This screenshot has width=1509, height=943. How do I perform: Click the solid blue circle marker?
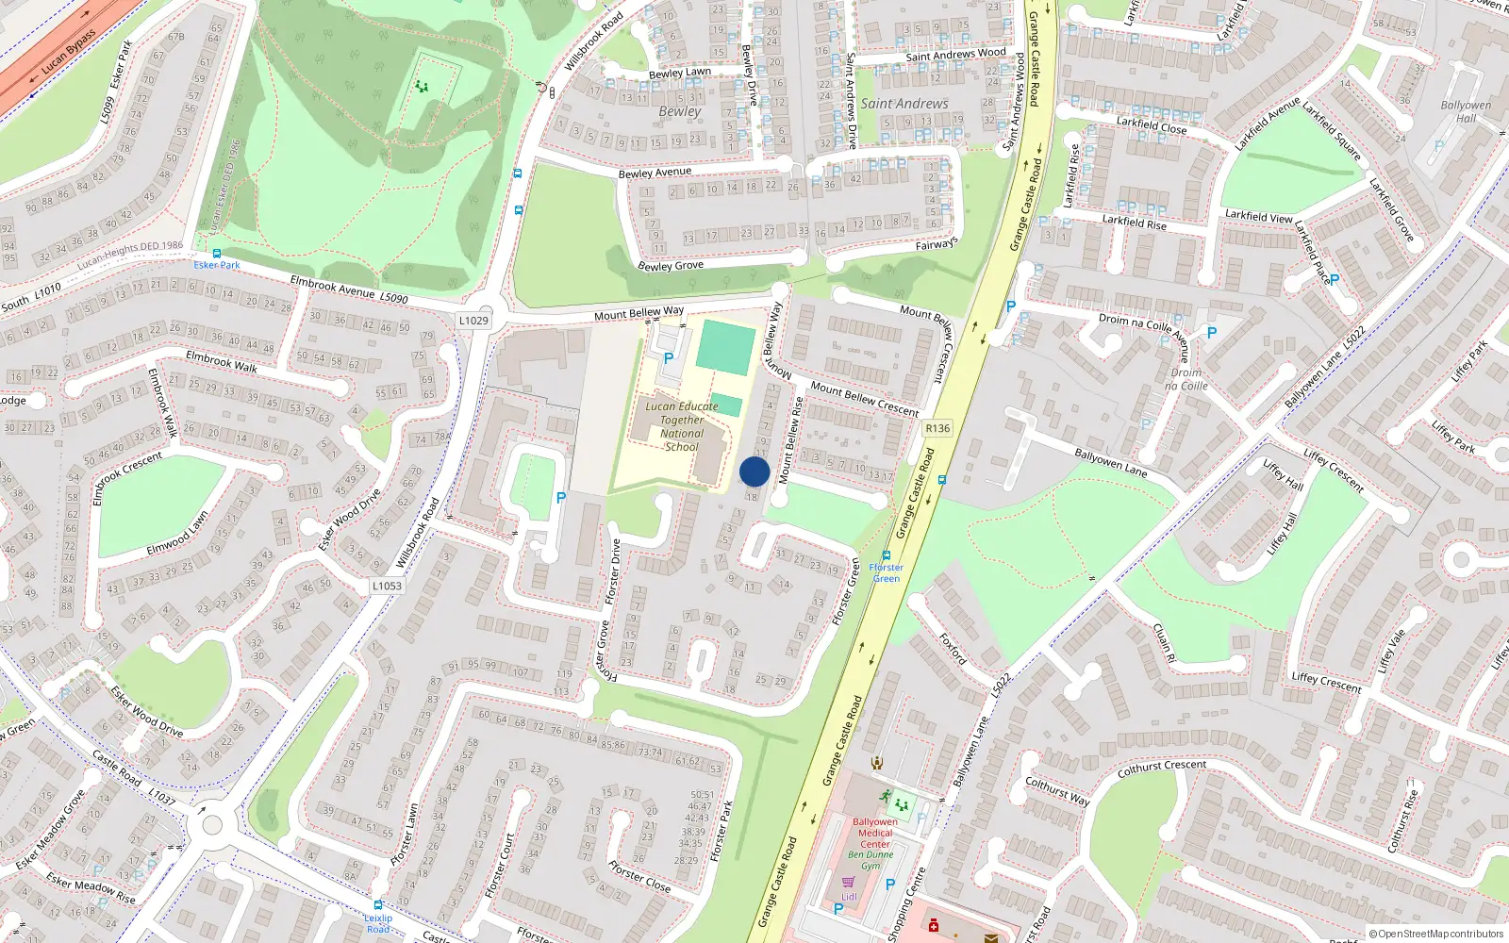click(x=754, y=471)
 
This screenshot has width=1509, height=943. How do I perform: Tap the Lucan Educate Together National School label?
click(x=682, y=426)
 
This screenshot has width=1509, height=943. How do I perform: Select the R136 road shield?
click(x=937, y=428)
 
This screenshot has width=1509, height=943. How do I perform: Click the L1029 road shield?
click(x=473, y=321)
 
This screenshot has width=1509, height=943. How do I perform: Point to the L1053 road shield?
click(x=387, y=586)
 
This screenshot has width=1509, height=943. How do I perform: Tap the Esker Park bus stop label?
click(x=217, y=265)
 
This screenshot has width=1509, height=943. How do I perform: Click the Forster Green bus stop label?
click(x=886, y=572)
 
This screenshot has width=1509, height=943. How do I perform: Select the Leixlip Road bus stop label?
click(x=378, y=923)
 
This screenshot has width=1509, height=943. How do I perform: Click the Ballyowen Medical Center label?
click(x=875, y=833)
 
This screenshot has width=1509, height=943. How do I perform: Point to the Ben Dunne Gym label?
click(x=870, y=860)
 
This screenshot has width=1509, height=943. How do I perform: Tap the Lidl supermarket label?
click(x=849, y=897)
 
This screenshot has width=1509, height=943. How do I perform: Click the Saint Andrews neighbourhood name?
click(x=904, y=104)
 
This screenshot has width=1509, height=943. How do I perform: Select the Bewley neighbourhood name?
click(x=680, y=111)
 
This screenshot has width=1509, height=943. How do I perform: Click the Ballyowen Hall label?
click(x=1466, y=111)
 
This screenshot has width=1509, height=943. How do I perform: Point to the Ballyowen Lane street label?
click(x=1111, y=462)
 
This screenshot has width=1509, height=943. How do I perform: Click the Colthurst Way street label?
click(x=1057, y=791)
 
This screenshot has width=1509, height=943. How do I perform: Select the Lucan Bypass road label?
click(x=69, y=53)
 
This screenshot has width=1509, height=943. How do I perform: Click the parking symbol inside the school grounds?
click(x=669, y=358)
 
